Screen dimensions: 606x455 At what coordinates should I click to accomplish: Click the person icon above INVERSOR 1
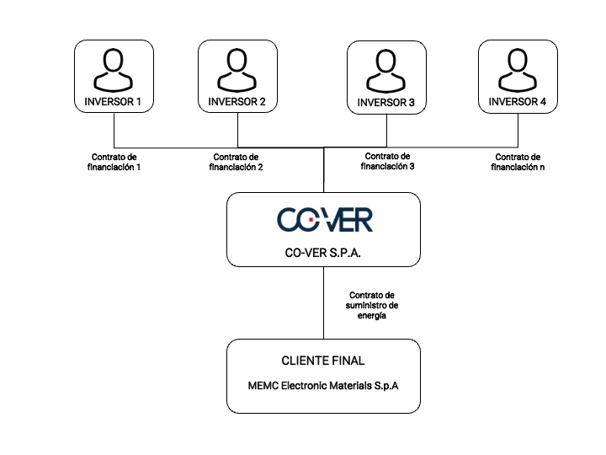coord(114,70)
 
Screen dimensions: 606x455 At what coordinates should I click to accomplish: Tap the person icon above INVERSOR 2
coord(237,70)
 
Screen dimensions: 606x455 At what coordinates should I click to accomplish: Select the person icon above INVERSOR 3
coord(385,71)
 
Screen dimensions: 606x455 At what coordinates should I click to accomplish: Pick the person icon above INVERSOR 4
coord(518,70)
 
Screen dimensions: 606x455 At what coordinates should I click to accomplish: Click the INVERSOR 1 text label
coord(113,102)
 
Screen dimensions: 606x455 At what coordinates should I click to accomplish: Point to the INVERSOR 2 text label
coord(237,102)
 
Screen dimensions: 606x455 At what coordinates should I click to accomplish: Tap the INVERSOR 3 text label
coord(385,103)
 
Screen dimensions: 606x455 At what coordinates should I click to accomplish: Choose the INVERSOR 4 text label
coord(518,102)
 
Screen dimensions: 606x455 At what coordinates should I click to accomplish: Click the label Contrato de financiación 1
coord(114,162)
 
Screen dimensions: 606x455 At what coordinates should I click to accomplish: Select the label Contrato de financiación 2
coord(236,162)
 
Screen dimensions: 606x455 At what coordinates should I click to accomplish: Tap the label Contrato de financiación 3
coord(388,161)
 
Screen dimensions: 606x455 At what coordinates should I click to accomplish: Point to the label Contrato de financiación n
coord(518,162)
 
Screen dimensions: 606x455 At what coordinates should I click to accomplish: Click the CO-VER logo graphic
coord(325,220)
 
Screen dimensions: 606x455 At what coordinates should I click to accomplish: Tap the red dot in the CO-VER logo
coord(311,219)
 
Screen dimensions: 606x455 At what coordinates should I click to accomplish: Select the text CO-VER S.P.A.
coord(323,253)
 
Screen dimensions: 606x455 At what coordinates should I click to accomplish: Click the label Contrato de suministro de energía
coord(372,305)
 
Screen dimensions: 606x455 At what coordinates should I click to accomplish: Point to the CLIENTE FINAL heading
coord(323,361)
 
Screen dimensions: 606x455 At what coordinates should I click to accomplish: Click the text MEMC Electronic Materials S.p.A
coord(323,386)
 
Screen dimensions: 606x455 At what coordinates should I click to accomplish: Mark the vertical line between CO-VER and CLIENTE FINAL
coord(323,303)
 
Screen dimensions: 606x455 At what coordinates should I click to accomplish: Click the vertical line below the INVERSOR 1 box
coord(114,130)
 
